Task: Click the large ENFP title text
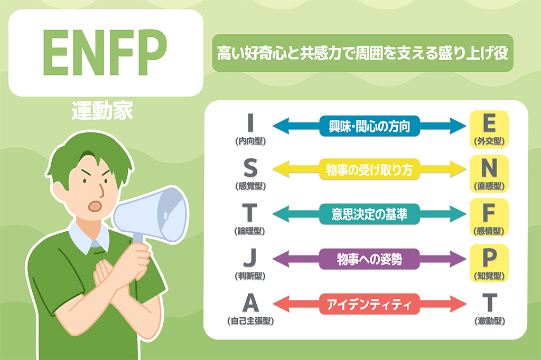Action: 105,52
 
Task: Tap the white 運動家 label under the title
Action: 102,111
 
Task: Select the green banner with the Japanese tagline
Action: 362,53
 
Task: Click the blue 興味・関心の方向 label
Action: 369,126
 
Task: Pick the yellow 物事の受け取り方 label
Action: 369,169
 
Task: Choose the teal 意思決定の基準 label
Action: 369,214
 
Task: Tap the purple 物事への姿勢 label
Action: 369,259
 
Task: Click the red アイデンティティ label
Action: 369,304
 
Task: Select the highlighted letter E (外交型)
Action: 489,123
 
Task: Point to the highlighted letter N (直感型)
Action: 489,168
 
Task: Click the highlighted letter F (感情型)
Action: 489,213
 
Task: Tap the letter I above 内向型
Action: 250,123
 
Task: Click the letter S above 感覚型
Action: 250,168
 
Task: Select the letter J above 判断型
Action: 250,258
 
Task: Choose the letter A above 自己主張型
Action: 250,302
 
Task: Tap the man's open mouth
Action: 95,206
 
